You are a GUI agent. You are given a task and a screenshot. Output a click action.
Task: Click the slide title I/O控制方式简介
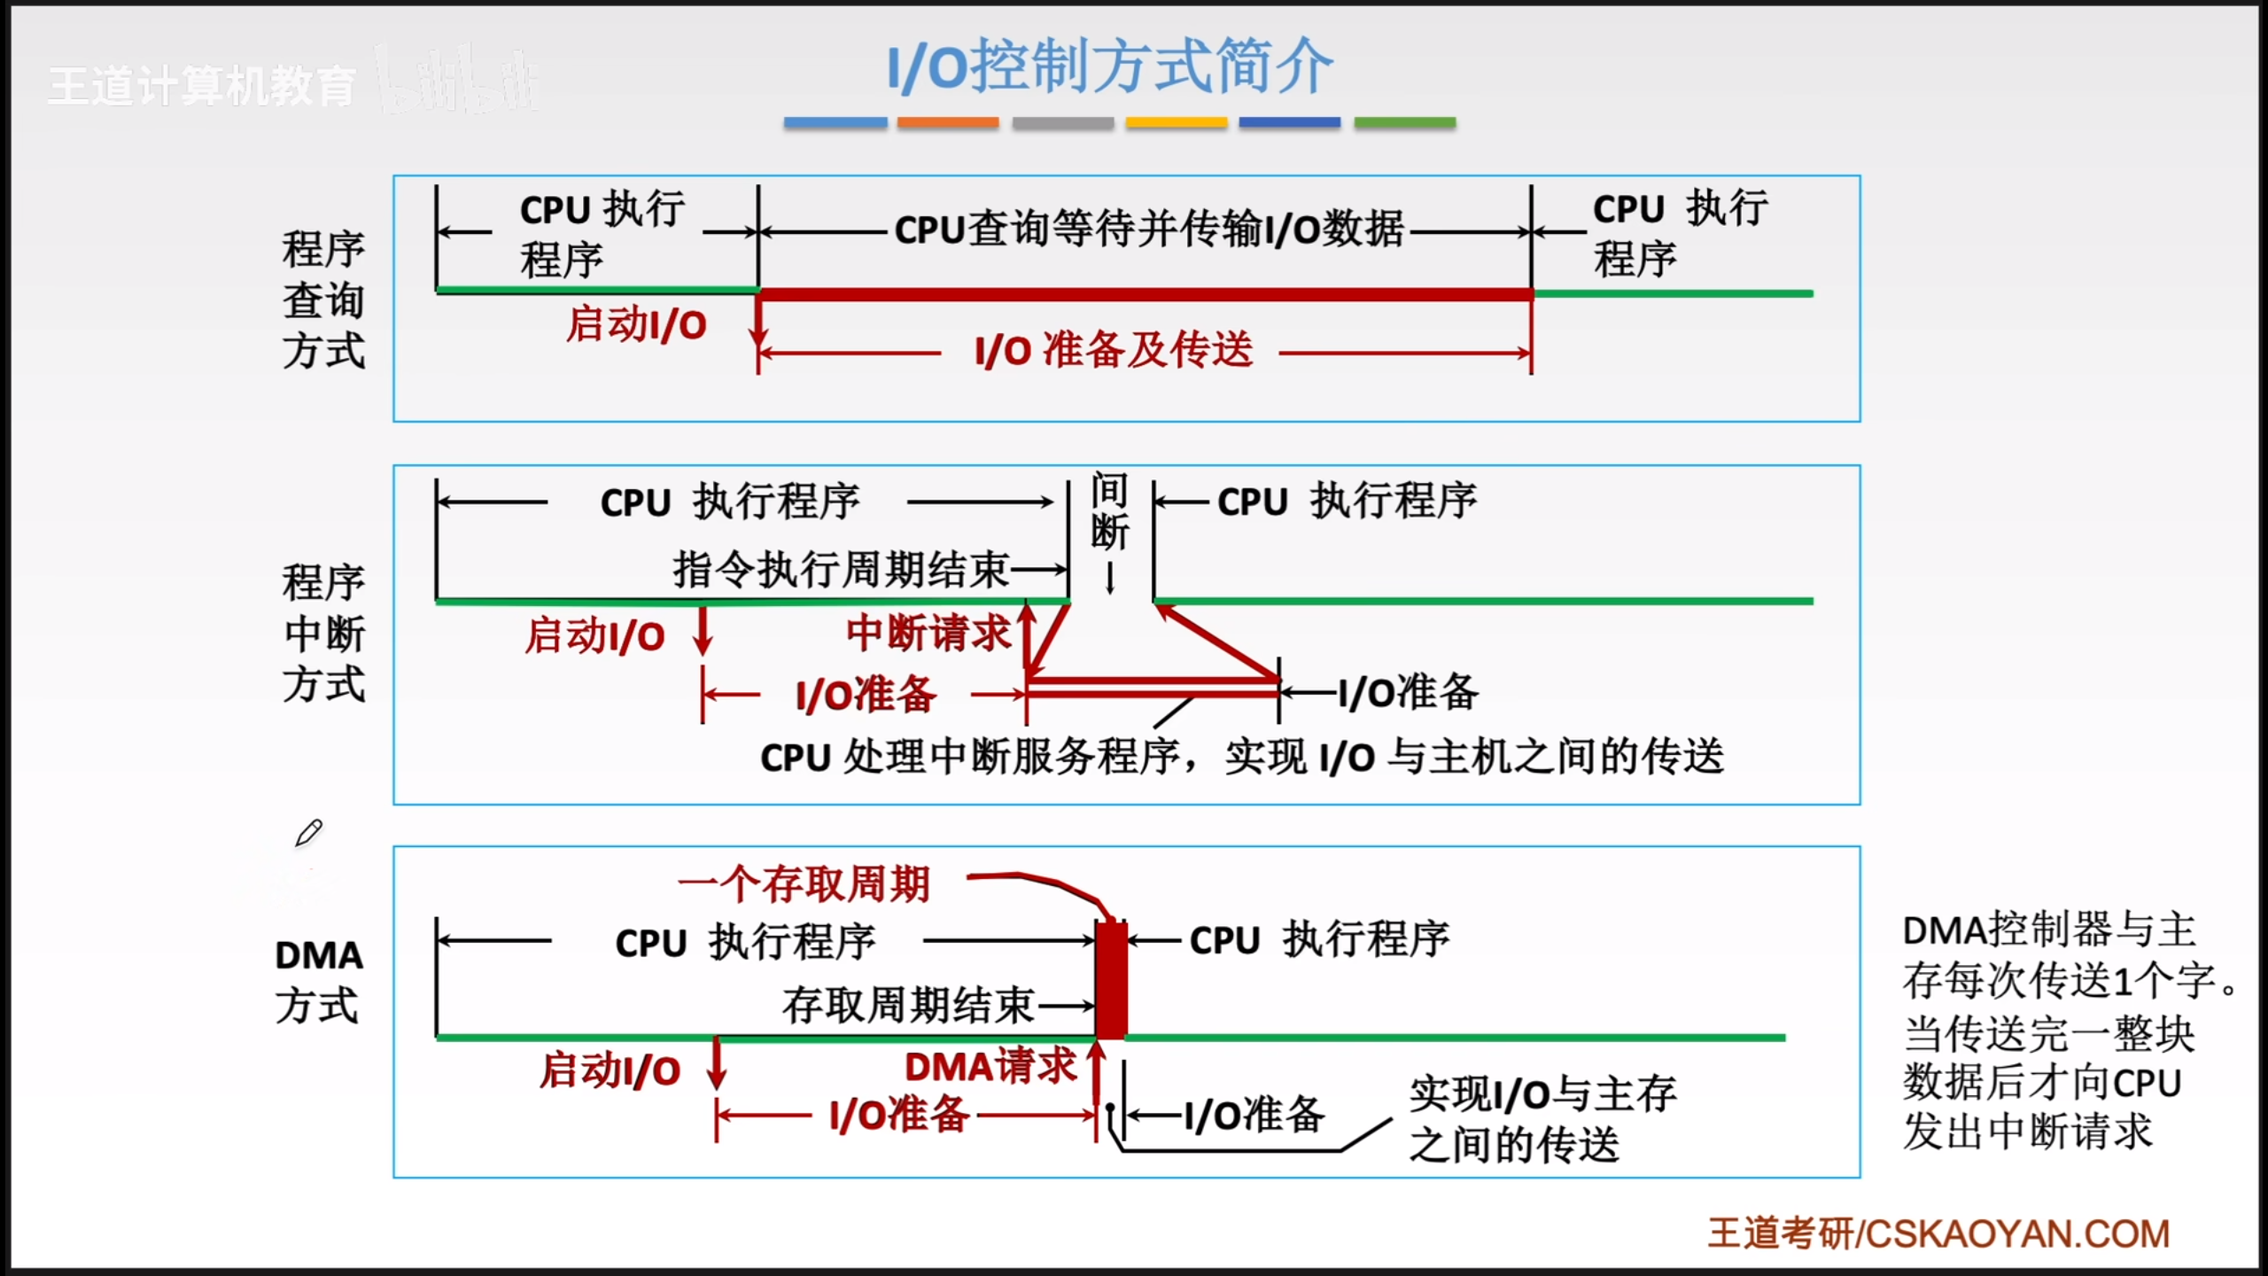pyautogui.click(x=1110, y=66)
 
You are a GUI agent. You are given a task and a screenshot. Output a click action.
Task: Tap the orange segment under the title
pyautogui.click(x=948, y=122)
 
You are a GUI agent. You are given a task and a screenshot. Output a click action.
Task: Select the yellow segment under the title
pyautogui.click(x=1176, y=122)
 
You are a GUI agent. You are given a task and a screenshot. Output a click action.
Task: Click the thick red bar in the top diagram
pyautogui.click(x=1145, y=293)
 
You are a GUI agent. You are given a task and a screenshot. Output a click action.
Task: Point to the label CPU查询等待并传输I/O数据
pyautogui.click(x=1148, y=230)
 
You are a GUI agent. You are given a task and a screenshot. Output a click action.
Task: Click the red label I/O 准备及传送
pyautogui.click(x=1113, y=350)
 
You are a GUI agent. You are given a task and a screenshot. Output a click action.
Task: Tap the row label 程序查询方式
pyautogui.click(x=323, y=300)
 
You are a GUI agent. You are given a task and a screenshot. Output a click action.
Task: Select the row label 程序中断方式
pyautogui.click(x=323, y=633)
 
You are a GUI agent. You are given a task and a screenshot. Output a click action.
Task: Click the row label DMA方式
pyautogui.click(x=318, y=980)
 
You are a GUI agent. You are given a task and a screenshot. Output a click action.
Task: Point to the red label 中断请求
pyautogui.click(x=928, y=633)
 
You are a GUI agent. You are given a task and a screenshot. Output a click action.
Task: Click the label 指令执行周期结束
pyautogui.click(x=841, y=569)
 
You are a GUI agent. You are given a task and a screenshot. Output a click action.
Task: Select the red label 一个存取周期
pyautogui.click(x=804, y=883)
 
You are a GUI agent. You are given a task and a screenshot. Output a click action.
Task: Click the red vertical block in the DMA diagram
pyautogui.click(x=1111, y=979)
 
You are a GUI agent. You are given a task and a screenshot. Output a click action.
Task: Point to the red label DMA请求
pyautogui.click(x=990, y=1066)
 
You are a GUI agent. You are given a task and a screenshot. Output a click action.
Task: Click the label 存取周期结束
pyautogui.click(x=908, y=1005)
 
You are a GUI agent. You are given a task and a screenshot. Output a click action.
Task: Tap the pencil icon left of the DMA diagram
pyautogui.click(x=308, y=833)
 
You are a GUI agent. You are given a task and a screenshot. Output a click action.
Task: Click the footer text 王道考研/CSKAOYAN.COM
pyautogui.click(x=1938, y=1233)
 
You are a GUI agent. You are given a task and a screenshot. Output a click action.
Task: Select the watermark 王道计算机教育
pyautogui.click(x=202, y=86)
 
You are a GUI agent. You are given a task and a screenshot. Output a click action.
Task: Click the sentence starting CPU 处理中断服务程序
pyautogui.click(x=1241, y=758)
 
